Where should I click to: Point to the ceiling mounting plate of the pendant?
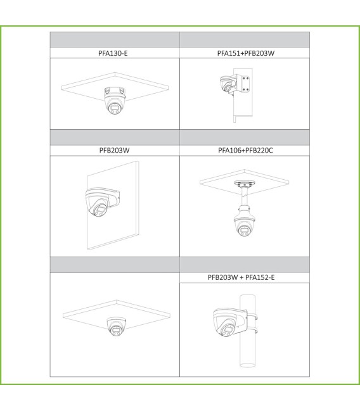click(x=243, y=185)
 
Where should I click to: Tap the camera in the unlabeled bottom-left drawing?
click(x=117, y=326)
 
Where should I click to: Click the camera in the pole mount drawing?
click(x=224, y=324)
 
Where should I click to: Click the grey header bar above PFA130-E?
click(x=115, y=39)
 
